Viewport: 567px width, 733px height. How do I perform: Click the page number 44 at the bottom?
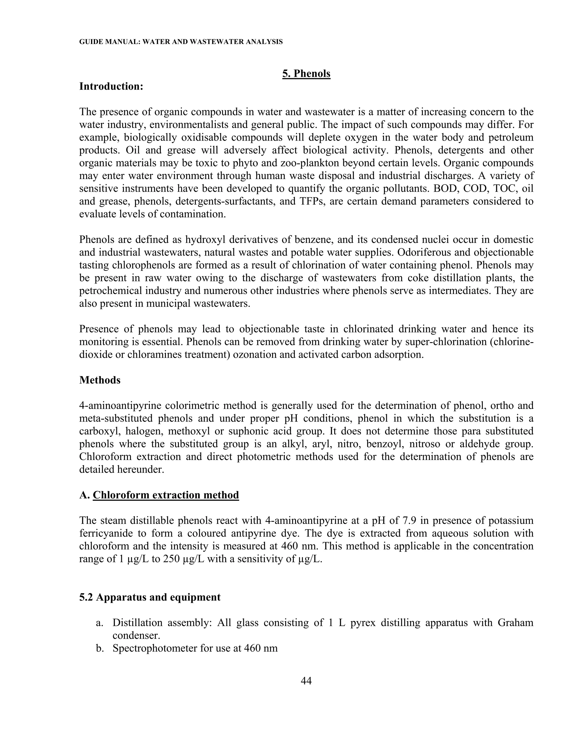point(306,681)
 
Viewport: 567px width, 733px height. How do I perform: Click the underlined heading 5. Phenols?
point(306,74)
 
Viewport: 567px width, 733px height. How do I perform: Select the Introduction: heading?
point(111,86)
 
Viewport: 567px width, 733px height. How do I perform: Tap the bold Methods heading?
point(100,380)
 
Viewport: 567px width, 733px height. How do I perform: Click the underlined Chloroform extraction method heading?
point(166,495)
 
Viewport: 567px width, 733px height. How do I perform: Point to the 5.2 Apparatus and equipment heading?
point(150,597)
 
